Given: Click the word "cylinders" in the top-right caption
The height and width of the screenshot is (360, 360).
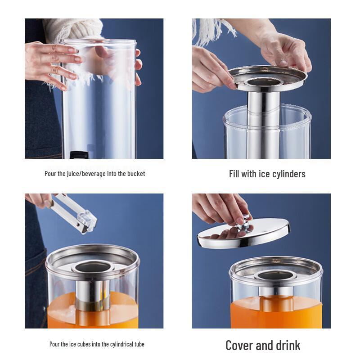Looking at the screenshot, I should point(288,174).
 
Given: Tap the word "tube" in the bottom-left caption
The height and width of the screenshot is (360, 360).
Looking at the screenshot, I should point(139,344).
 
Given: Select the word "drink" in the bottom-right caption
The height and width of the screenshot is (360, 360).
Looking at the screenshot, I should point(287,346).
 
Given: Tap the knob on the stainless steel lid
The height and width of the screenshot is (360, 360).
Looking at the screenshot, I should point(244,222).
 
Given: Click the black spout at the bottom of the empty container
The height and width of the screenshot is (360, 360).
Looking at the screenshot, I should point(79,155).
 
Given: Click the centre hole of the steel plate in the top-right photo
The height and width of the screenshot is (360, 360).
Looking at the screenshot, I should point(264,81).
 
